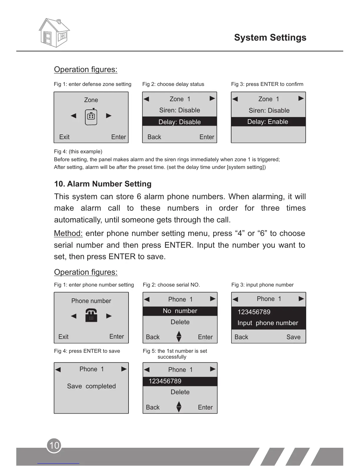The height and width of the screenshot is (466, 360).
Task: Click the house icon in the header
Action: pos(54,33)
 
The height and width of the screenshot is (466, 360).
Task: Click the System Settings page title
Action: pos(270,38)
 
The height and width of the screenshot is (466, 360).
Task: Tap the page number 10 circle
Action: pos(54,445)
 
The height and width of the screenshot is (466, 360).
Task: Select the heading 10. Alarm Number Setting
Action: pos(103,184)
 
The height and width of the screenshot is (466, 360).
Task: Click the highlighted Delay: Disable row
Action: pos(179,122)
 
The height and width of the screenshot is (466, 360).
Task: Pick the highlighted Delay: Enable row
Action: pos(268,122)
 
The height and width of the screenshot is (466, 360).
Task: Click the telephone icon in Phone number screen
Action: pos(91,315)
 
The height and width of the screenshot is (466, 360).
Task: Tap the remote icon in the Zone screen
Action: pos(91,116)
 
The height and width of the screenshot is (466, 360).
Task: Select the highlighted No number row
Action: pos(180,311)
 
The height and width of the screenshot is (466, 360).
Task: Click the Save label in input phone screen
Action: pos(293,337)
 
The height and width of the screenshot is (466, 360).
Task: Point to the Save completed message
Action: pos(91,386)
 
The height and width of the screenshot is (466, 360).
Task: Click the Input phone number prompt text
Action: pos(268,323)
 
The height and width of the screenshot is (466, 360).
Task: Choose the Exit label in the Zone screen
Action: pos(64,137)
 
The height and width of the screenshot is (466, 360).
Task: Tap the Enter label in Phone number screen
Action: pos(116,337)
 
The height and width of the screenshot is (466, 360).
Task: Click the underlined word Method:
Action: pos(68,234)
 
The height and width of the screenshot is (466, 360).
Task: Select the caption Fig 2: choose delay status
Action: pos(173,84)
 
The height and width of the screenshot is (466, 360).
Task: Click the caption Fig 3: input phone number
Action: pos(262,285)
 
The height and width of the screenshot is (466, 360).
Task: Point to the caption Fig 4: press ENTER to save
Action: pos(87,351)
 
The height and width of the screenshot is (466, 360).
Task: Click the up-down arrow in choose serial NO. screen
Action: pos(179,337)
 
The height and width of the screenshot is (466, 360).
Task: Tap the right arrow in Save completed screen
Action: pos(124,369)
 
